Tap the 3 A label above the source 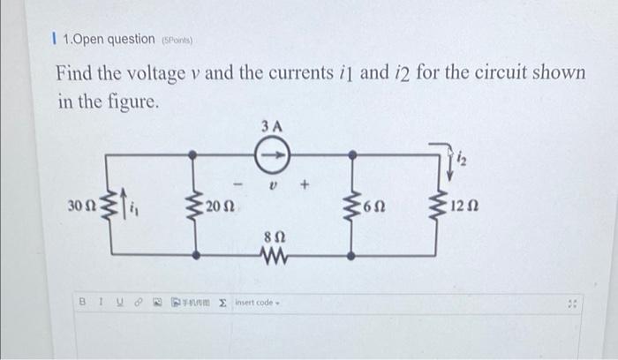[x=273, y=126]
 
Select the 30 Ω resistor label [x=80, y=206]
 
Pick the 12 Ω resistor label [x=464, y=206]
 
